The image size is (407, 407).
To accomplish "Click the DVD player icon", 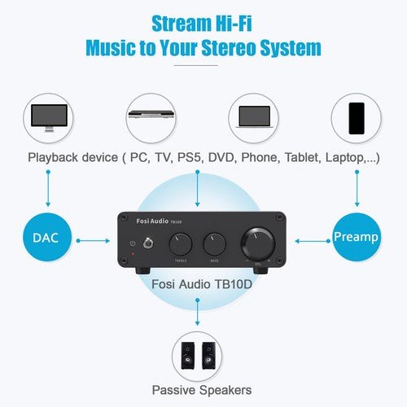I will pos(151,116).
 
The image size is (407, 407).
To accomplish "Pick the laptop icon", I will pos(254,117).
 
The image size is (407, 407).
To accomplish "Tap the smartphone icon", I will pos(357,117).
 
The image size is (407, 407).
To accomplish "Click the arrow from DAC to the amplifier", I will pos(96,240).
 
